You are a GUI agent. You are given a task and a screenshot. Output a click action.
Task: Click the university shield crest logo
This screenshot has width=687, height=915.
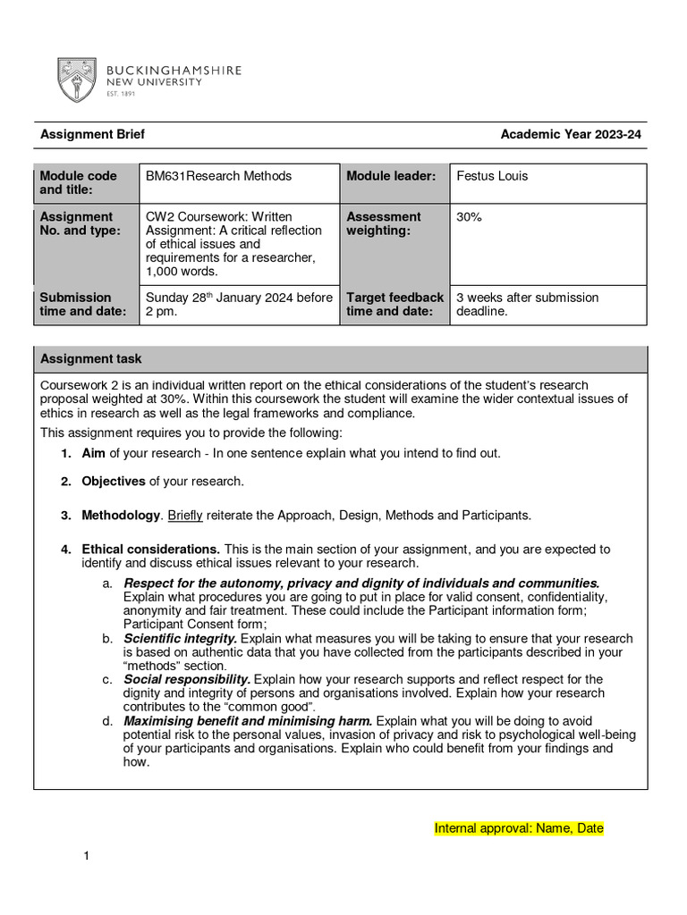[77, 80]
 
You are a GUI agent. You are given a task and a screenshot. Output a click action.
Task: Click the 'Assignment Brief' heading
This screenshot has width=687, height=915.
[92, 135]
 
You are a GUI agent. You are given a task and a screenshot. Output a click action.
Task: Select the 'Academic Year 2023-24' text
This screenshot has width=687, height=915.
[571, 135]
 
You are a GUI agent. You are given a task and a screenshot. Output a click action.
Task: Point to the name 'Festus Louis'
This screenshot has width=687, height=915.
[492, 176]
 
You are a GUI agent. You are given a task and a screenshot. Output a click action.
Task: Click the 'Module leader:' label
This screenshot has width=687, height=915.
[391, 176]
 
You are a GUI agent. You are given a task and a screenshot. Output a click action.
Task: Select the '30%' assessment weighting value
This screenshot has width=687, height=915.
[469, 216]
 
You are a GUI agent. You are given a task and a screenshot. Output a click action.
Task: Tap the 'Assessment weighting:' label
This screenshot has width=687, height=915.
[384, 223]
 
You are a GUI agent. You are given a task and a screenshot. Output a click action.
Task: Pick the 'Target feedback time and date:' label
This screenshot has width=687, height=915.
[394, 304]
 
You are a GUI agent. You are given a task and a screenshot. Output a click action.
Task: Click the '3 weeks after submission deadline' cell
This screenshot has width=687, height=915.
[527, 304]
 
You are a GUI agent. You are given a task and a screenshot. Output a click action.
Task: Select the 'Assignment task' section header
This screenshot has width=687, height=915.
[91, 359]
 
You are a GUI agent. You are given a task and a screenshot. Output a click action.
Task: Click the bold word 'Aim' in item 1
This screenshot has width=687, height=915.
[93, 453]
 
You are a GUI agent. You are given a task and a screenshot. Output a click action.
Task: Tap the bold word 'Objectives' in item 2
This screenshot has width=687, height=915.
[114, 482]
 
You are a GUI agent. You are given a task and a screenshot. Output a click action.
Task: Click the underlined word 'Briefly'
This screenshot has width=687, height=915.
[185, 516]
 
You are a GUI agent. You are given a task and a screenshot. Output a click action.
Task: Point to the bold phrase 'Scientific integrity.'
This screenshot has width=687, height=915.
[180, 639]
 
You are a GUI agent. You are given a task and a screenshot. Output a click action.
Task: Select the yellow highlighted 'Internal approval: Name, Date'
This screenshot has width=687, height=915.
[519, 828]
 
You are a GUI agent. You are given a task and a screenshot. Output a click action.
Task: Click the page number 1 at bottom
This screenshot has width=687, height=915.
[87, 858]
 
